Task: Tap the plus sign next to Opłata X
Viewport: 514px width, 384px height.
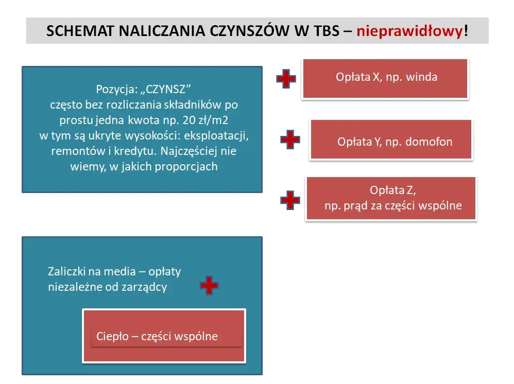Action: point(286,79)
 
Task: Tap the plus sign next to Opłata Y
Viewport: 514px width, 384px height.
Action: point(290,139)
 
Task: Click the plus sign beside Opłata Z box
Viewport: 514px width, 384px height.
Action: point(290,200)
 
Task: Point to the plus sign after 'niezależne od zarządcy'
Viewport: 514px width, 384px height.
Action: point(209,285)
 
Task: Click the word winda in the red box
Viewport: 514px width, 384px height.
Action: point(421,77)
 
